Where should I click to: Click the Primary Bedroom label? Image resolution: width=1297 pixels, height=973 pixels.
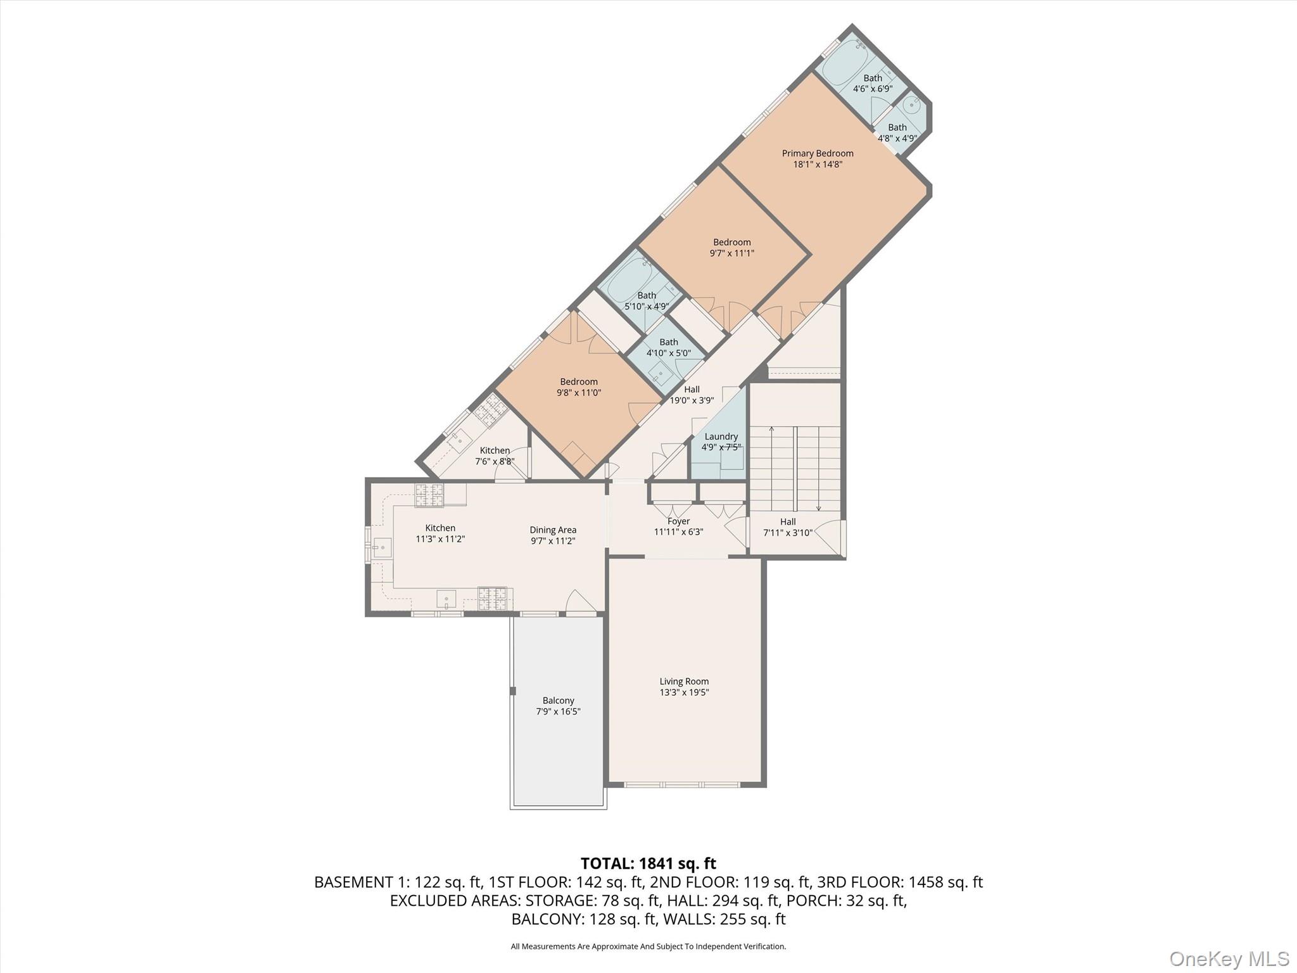pyautogui.click(x=817, y=153)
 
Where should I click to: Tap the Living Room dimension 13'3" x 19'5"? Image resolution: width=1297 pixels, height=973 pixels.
pyautogui.click(x=684, y=692)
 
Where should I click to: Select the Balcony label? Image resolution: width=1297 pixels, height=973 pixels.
pyautogui.click(x=558, y=701)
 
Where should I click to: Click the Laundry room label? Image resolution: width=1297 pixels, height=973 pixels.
pyautogui.click(x=721, y=436)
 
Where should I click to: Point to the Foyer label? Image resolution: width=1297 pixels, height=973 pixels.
pyautogui.click(x=678, y=521)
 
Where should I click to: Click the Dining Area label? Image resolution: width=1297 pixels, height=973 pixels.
pyautogui.click(x=553, y=530)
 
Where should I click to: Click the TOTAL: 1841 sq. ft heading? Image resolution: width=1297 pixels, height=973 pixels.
pyautogui.click(x=648, y=863)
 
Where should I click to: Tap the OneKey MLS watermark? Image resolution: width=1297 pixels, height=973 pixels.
pyautogui.click(x=1229, y=958)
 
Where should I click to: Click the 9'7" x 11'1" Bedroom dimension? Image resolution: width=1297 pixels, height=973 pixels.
pyautogui.click(x=731, y=253)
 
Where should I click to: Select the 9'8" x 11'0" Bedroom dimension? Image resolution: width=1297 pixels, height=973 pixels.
pyautogui.click(x=578, y=393)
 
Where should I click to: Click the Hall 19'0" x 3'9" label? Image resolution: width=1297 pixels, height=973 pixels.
pyautogui.click(x=692, y=395)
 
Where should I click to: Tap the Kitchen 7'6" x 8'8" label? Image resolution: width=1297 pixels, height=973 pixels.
pyautogui.click(x=495, y=455)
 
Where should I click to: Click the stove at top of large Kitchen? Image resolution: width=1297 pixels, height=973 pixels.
pyautogui.click(x=429, y=495)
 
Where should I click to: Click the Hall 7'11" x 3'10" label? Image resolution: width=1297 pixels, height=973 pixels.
pyautogui.click(x=787, y=527)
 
